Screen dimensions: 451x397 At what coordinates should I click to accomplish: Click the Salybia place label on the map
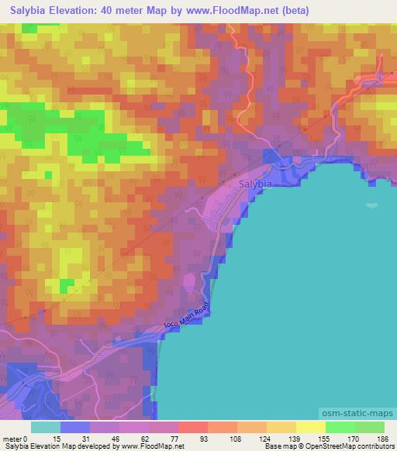click(255, 184)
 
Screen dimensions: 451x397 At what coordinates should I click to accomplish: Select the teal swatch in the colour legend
click(46, 427)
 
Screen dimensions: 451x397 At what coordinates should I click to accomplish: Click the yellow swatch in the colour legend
click(310, 427)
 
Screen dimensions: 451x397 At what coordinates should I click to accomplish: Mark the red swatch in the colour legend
click(192, 427)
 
